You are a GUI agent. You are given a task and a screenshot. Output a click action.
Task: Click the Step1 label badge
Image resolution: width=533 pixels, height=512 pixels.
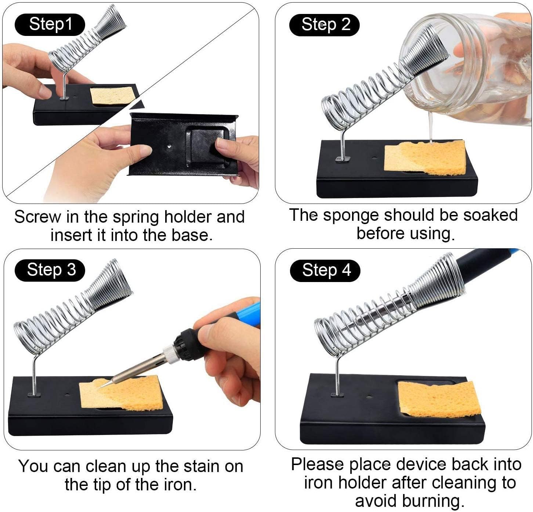50,25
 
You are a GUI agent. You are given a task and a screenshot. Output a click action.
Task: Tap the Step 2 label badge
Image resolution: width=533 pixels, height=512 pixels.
324,25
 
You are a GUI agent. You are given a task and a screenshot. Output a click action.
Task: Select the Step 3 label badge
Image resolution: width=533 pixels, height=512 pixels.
50,270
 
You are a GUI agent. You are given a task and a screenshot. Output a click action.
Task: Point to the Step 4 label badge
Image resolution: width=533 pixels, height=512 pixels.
325,271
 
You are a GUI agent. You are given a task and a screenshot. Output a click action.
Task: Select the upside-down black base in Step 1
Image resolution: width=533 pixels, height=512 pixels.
184,145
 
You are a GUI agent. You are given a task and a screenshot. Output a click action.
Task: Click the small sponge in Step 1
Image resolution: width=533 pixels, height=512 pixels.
112,96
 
